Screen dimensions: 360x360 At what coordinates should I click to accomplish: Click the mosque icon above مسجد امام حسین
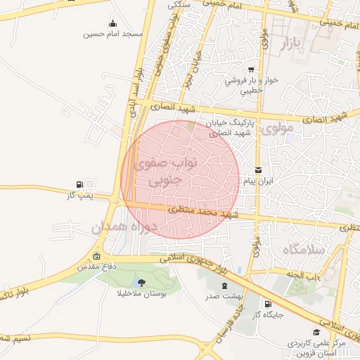tap(113, 24)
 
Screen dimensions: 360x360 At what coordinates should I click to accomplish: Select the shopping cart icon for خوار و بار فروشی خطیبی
tap(251, 70)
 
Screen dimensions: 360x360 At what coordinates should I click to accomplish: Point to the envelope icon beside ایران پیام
tap(258, 170)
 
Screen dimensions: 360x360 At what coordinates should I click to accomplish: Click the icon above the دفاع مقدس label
tap(97, 257)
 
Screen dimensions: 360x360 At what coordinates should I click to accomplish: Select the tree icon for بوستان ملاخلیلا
tap(143, 283)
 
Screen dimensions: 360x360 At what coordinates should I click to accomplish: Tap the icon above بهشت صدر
tap(224, 285)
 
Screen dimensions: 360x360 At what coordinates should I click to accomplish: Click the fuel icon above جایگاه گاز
tap(267, 304)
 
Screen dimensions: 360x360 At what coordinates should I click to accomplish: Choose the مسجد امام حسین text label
tap(112, 34)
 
